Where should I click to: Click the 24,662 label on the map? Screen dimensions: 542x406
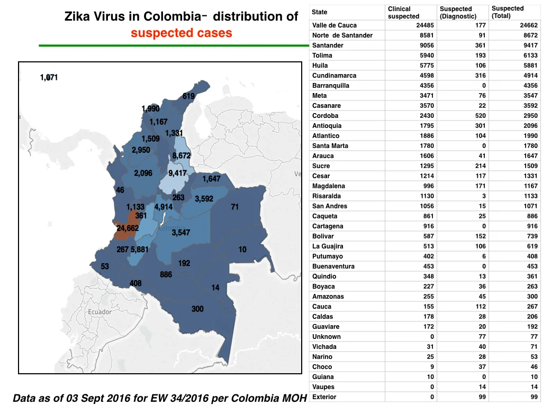(x=128, y=228)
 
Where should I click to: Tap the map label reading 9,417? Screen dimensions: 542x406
(x=177, y=173)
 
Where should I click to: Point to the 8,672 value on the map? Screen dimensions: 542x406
(x=182, y=156)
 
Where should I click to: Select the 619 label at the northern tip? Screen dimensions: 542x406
(x=188, y=96)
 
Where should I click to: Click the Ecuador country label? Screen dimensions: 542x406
(x=100, y=312)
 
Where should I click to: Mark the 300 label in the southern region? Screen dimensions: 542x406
(x=197, y=309)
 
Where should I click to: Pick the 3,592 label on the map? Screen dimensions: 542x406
(x=204, y=199)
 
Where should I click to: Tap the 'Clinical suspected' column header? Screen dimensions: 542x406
(x=403, y=13)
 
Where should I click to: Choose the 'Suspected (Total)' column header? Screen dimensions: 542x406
(x=508, y=12)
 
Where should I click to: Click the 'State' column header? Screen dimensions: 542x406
(x=319, y=12)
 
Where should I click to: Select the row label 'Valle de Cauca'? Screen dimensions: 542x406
(x=335, y=25)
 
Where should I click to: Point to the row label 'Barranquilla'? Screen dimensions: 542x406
(x=330, y=86)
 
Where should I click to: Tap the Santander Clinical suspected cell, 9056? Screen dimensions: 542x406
(x=427, y=45)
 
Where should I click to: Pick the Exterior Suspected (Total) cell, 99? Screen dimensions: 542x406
(x=534, y=397)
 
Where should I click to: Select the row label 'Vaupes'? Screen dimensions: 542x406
(x=323, y=387)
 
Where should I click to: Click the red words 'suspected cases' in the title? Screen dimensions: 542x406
(x=182, y=33)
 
